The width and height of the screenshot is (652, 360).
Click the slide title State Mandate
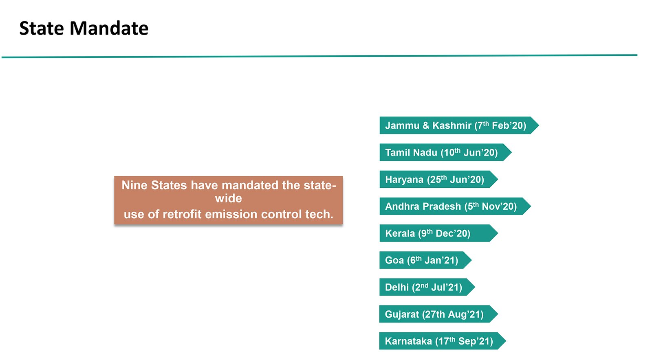click(84, 28)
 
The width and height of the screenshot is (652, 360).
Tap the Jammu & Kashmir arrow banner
click(459, 125)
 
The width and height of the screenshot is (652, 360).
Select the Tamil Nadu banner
click(445, 152)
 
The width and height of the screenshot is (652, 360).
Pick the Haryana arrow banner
click(438, 180)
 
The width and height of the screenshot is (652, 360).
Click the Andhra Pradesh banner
click(455, 206)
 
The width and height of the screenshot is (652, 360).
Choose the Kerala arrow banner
click(438, 233)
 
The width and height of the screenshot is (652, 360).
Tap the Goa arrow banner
click(425, 260)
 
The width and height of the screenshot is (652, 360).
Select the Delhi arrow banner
click(427, 287)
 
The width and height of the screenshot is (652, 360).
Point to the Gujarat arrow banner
click(438, 314)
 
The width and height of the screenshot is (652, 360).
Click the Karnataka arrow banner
click(443, 341)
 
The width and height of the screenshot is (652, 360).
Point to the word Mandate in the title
click(109, 28)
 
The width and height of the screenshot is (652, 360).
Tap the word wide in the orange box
click(229, 199)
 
